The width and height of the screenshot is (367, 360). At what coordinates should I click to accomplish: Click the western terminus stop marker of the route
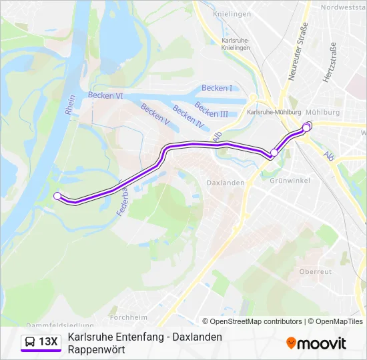[57, 195]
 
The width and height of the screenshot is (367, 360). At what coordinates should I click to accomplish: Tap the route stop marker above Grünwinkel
[274, 153]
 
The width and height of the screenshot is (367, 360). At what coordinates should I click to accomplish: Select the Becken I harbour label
[217, 88]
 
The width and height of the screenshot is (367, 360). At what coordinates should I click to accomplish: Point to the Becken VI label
[105, 95]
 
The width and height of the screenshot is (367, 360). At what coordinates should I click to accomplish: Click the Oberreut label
[315, 271]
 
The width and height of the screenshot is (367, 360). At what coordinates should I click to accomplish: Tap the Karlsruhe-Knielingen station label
[235, 44]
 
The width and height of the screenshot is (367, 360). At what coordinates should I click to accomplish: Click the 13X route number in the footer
[49, 342]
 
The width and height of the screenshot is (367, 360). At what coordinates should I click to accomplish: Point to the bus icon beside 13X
[31, 342]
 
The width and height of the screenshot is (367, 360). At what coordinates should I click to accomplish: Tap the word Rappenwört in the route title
[96, 349]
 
